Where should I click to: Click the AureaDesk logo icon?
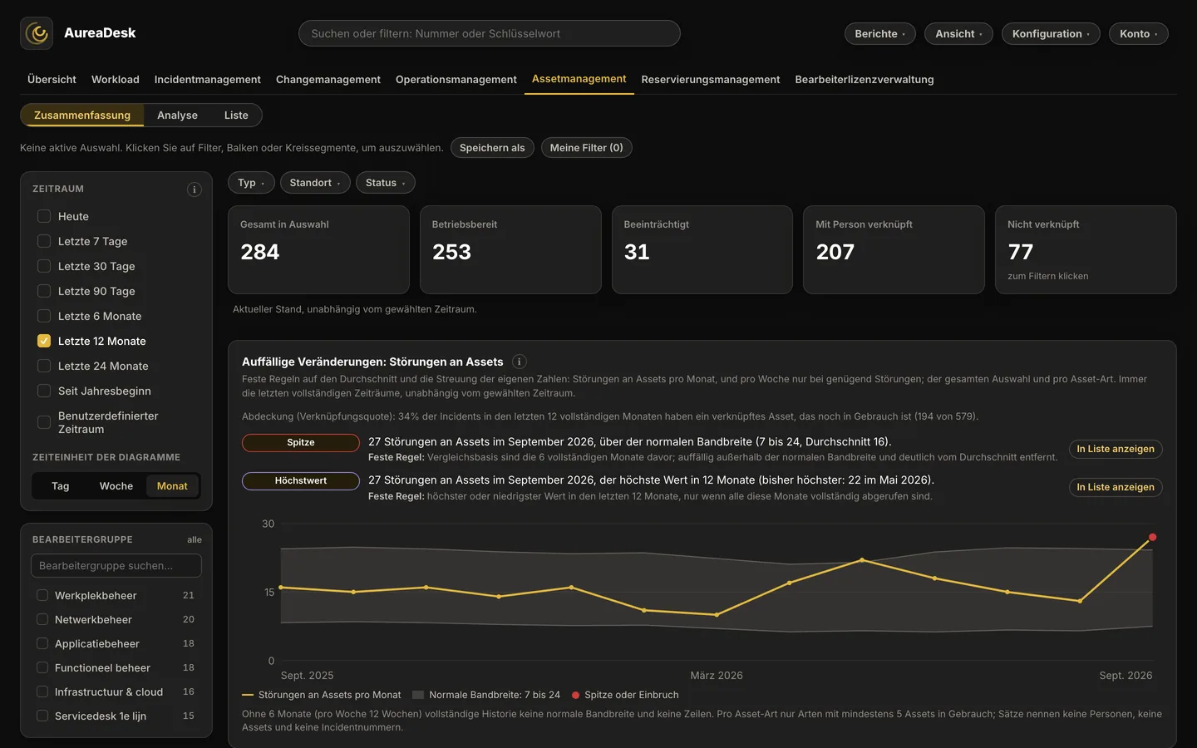37,33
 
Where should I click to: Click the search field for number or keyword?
489,33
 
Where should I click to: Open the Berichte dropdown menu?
879,33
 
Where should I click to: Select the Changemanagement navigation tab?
328,79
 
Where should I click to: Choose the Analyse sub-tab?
177,115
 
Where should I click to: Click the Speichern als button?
492,147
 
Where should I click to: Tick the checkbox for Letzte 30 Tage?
44,266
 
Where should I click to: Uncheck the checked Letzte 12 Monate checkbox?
44,341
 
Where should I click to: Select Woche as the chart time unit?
116,485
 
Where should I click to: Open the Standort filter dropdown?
315,183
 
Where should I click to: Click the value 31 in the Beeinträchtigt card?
637,252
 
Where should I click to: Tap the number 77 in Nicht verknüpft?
1020,252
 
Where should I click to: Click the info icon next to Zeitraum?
194,189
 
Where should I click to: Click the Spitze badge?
300,442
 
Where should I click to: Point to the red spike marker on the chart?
1152,537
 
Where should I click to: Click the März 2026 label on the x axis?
716,676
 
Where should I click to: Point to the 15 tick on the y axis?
268,592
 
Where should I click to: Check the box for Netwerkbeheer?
42,619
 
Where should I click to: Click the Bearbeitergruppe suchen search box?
116,565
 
